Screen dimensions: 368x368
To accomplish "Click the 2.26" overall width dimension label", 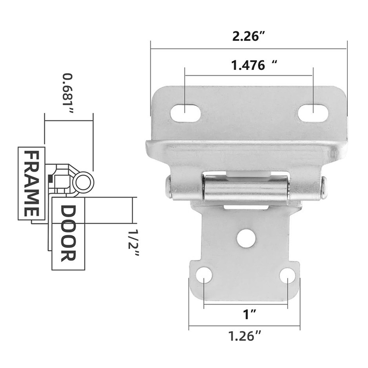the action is tap(248, 36).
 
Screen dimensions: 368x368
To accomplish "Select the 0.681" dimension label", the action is tap(68, 94).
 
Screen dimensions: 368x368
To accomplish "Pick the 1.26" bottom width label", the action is tap(245, 336).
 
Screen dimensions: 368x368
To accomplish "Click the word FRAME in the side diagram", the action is tap(31, 184).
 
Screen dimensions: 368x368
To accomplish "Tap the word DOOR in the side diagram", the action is tap(68, 233).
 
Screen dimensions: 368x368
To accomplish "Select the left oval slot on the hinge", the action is tap(185, 113).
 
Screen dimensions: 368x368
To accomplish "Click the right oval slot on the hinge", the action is tap(313, 113).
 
